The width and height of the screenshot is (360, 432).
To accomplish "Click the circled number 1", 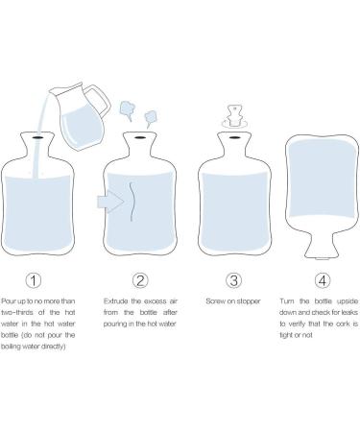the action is (x=34, y=280).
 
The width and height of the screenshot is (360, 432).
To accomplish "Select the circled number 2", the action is (x=140, y=280).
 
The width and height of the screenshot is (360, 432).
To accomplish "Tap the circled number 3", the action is (x=233, y=280).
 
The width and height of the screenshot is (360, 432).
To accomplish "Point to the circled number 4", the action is (x=323, y=280).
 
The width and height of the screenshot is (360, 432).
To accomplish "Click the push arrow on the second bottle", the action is (x=110, y=202).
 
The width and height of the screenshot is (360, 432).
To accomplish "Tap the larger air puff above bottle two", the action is (x=127, y=109).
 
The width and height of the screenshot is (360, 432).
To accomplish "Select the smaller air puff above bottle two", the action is (x=150, y=118).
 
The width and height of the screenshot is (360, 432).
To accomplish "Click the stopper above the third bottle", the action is (x=234, y=116).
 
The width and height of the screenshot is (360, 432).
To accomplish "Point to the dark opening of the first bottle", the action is (x=37, y=138).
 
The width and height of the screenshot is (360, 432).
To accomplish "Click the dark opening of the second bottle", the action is (x=139, y=138).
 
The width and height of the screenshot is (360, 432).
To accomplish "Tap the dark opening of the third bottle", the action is (x=234, y=138).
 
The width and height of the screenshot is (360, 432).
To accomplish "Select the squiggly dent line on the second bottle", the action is (x=132, y=202).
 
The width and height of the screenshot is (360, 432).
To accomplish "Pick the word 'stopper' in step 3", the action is (x=248, y=301).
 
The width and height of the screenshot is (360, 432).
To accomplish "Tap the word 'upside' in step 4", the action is (x=348, y=301).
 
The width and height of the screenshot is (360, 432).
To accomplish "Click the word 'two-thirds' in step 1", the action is (x=17, y=312).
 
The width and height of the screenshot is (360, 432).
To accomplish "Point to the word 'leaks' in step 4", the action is (x=349, y=312).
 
